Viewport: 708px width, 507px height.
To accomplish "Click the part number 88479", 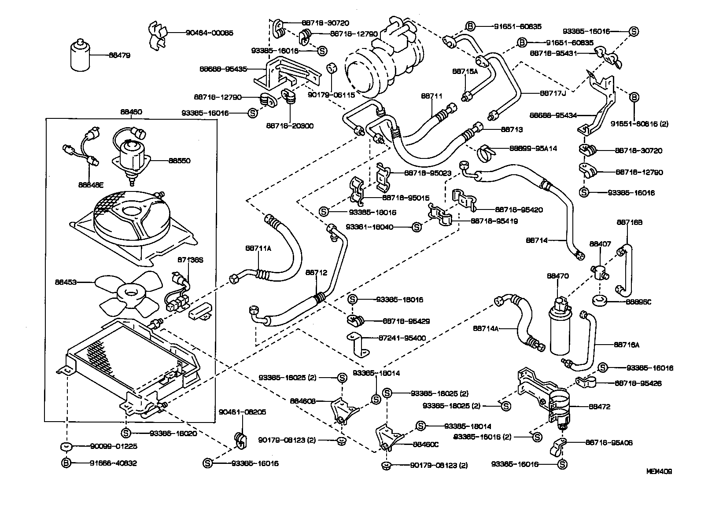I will coord(121,55).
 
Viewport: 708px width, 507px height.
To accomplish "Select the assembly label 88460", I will coord(131,112).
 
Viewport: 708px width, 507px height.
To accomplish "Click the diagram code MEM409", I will coord(659,471).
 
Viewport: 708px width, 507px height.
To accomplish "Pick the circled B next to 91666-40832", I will coord(66,463).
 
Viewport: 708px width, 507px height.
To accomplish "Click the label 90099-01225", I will coord(107,446).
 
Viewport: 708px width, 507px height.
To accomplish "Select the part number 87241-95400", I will coord(402,338).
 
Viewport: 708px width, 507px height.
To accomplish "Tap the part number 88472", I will coord(600,407).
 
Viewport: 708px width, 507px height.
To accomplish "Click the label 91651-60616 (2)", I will coord(639,124).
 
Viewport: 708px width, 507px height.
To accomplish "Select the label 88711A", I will coord(258,248).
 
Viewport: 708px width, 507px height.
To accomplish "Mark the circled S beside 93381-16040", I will coord(416,228).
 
